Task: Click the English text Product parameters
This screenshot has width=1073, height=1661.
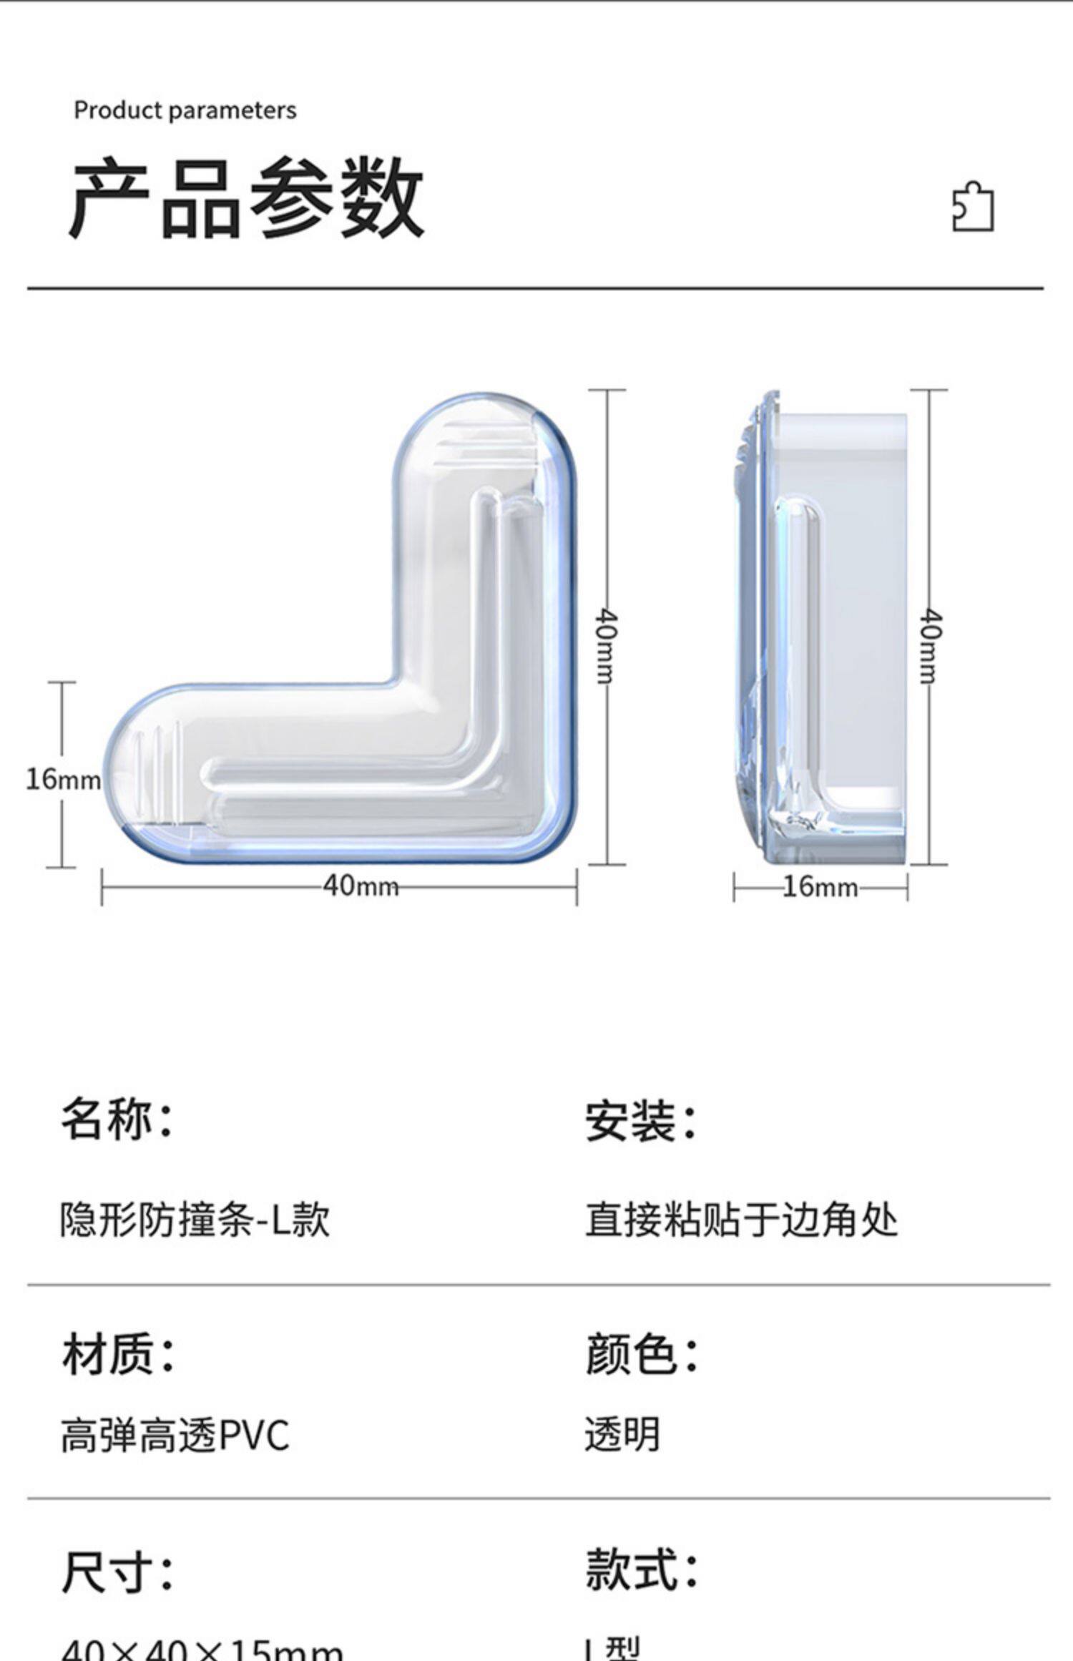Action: coord(185,110)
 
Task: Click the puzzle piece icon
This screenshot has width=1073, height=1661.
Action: coord(973,208)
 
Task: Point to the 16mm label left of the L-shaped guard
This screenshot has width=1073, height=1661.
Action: coord(63,779)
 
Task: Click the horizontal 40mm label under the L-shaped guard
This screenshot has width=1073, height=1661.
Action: coord(361,886)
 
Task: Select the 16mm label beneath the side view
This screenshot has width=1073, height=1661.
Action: coord(820,887)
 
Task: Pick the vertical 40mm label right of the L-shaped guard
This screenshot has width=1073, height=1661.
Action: coord(607,645)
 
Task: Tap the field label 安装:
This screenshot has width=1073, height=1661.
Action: coord(641,1120)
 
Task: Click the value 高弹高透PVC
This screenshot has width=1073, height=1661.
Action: coord(175,1434)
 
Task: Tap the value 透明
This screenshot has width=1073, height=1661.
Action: coord(622,1434)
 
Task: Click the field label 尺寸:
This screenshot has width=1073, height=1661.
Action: coord(118,1570)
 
